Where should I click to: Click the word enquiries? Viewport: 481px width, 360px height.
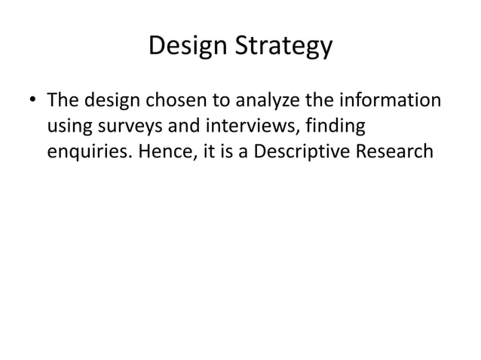(85, 151)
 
